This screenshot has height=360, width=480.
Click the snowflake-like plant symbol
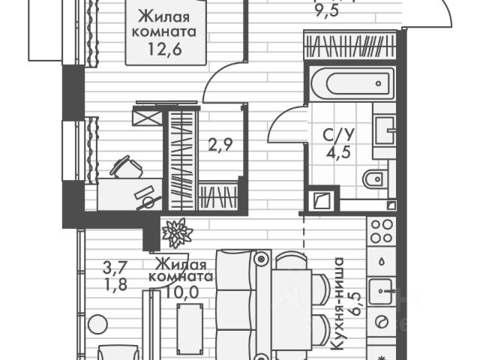click(x=178, y=232)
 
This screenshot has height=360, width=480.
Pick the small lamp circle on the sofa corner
click(x=261, y=259)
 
